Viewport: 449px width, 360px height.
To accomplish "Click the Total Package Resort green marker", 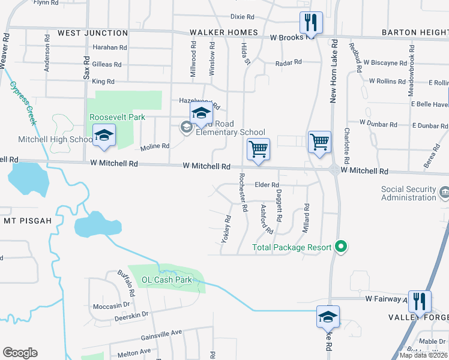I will pyautogui.click(x=341, y=247).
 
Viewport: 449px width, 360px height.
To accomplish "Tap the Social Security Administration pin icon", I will pyautogui.click(x=444, y=193).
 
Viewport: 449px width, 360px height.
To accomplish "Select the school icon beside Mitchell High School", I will pyautogui.click(x=104, y=136).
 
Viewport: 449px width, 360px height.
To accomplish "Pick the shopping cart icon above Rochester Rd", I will pyautogui.click(x=258, y=149).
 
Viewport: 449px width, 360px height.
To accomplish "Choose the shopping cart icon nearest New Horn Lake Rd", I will pyautogui.click(x=319, y=143).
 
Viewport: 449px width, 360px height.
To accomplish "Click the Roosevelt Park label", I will pyautogui.click(x=117, y=118).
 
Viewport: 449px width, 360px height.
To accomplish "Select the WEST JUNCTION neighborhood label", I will pyautogui.click(x=93, y=33).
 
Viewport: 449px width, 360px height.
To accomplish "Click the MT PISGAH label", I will pyautogui.click(x=28, y=220).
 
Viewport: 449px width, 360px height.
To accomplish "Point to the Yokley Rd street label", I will pyautogui.click(x=226, y=229).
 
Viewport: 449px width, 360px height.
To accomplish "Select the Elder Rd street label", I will pyautogui.click(x=267, y=185).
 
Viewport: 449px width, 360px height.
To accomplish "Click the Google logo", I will pyautogui.click(x=20, y=353).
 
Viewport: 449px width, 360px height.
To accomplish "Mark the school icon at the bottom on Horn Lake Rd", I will pyautogui.click(x=328, y=317).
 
